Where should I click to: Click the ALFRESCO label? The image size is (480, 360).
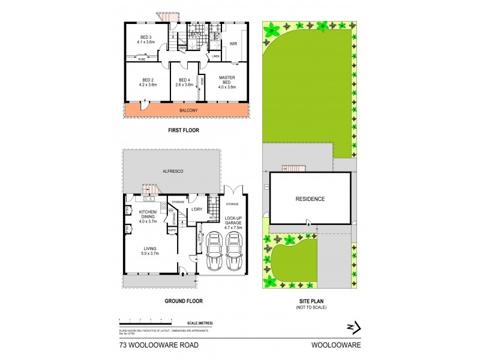pyautogui.click(x=173, y=172)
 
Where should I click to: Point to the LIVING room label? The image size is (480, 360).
pyautogui.click(x=149, y=250)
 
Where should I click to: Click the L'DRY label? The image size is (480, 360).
pyautogui.click(x=196, y=209)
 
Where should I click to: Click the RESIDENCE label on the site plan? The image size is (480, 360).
pyautogui.click(x=310, y=199)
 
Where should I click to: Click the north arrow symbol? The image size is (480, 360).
pyautogui.click(x=353, y=328)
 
